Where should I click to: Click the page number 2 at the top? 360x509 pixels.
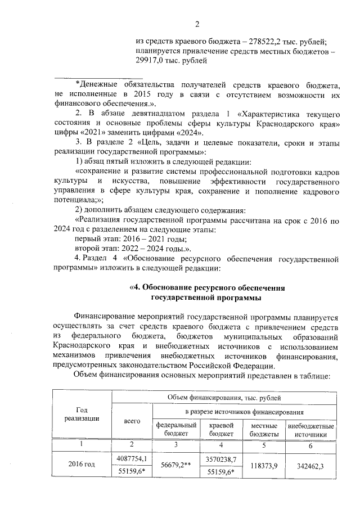[197, 24]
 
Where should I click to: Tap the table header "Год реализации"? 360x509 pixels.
[82, 413]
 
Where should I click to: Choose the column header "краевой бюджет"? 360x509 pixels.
[221, 430]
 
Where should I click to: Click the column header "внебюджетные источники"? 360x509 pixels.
[310, 430]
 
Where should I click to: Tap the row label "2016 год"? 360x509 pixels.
[82, 465]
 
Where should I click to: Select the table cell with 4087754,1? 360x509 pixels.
[133, 459]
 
